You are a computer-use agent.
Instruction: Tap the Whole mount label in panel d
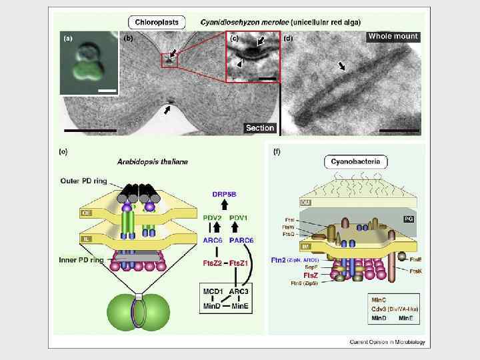pos(393,37)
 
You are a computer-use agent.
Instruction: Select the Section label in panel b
pos(260,127)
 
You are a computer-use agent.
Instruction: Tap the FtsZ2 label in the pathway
pos(213,263)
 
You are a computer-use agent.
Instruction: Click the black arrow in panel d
pos(342,66)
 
